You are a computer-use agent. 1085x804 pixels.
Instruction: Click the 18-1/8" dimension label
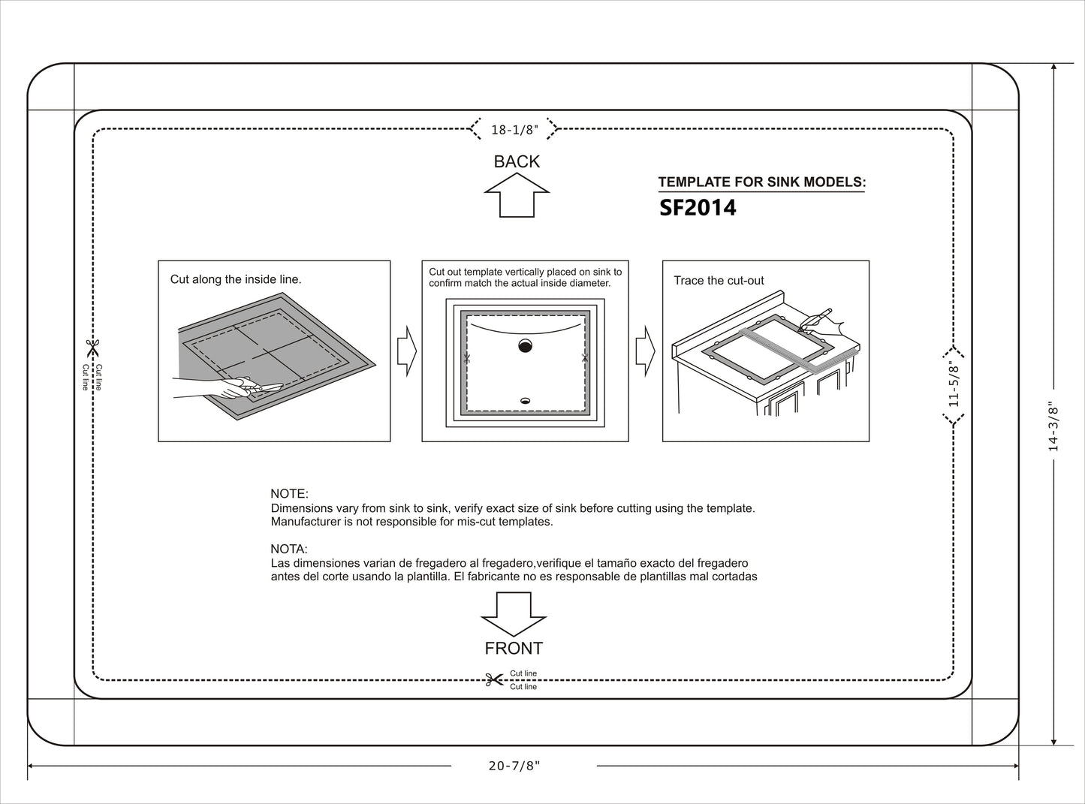(x=514, y=130)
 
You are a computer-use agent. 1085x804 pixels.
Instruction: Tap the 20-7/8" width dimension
(x=514, y=766)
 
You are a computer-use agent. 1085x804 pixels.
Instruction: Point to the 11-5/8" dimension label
(x=954, y=384)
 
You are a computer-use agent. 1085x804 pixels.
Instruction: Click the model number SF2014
(x=698, y=208)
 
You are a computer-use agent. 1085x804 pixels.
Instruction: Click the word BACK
(x=517, y=161)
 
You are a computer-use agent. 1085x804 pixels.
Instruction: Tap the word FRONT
(x=514, y=648)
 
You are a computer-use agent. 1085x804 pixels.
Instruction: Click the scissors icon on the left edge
(x=92, y=348)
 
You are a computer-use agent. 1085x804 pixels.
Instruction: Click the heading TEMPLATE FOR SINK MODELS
(x=761, y=182)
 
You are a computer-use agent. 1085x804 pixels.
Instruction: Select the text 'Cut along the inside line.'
(x=236, y=279)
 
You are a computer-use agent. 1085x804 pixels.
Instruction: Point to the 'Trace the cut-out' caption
(x=719, y=281)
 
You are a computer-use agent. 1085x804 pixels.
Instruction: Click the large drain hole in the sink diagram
(x=525, y=346)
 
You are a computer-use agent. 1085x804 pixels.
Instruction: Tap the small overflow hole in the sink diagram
(x=525, y=401)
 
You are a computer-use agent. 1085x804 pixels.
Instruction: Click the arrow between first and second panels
(x=406, y=351)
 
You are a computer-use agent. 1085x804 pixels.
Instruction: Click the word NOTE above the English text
(x=289, y=494)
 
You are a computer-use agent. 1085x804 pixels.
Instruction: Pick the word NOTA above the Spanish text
(x=289, y=550)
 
